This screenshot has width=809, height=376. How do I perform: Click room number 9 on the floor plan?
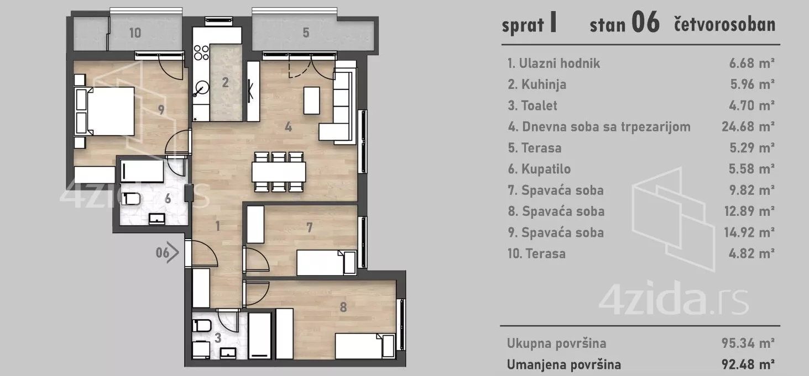tap(161, 110)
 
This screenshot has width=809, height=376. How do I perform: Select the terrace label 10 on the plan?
tap(135, 33)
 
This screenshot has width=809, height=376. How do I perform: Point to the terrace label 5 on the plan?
tap(306, 33)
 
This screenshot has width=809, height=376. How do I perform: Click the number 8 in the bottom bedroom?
tap(343, 308)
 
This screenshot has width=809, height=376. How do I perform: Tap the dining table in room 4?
tap(279, 172)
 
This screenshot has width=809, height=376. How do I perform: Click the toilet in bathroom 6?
tap(132, 198)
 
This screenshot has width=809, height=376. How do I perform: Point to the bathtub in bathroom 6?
tap(142, 171)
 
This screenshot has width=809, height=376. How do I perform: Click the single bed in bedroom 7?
tap(326, 263)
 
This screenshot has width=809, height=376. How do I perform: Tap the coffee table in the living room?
tap(312, 100)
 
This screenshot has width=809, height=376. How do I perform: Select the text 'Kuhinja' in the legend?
tap(542, 84)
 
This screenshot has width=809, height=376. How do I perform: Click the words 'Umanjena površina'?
tap(564, 364)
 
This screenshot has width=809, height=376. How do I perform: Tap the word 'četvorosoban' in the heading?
tap(724, 25)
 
